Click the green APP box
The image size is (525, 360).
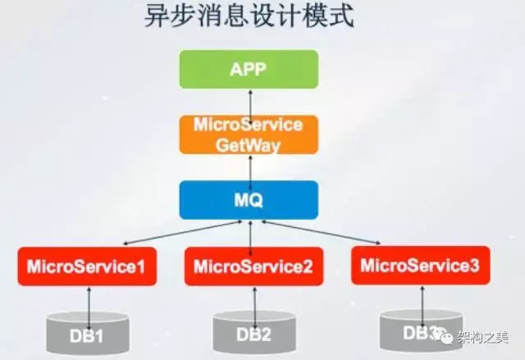[249, 69]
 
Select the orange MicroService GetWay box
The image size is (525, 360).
[249, 134]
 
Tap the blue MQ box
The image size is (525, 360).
[249, 200]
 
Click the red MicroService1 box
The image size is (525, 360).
[87, 267]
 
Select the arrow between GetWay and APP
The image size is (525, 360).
[249, 102]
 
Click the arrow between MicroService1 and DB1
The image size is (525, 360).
[86, 298]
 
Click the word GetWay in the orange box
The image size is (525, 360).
[249, 144]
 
